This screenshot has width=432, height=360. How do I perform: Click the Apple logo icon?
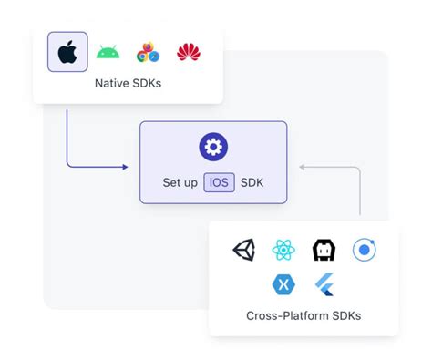click(67, 52)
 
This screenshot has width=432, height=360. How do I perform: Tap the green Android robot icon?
click(108, 52)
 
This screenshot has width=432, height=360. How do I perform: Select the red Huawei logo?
click(189, 52)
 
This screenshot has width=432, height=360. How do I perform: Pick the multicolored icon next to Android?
click(148, 53)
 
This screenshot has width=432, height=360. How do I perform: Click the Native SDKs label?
click(128, 84)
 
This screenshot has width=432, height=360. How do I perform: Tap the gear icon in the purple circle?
click(213, 148)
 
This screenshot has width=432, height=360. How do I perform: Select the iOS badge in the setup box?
click(219, 182)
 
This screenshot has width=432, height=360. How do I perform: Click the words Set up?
click(180, 182)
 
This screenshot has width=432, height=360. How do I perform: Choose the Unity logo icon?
click(244, 250)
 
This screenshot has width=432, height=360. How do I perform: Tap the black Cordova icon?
click(324, 250)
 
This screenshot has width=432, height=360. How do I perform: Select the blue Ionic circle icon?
click(364, 250)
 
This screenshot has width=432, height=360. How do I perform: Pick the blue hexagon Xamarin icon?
click(283, 284)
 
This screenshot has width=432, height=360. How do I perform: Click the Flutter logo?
click(324, 284)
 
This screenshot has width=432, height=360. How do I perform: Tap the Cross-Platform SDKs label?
click(303, 316)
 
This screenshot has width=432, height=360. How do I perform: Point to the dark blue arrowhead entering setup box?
click(124, 167)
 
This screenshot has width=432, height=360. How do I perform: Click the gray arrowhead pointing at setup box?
click(303, 167)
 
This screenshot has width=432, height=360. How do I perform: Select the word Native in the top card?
click(112, 84)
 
